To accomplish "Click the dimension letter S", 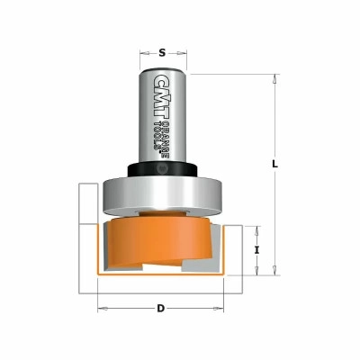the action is pyautogui.click(x=162, y=53).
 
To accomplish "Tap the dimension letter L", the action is pyautogui.click(x=275, y=164).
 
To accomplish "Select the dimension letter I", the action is pyautogui.click(x=256, y=249).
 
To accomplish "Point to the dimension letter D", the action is pyautogui.click(x=161, y=308).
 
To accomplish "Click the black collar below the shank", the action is pyautogui.click(x=162, y=170).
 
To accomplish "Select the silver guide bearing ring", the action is pyautogui.click(x=162, y=196).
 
